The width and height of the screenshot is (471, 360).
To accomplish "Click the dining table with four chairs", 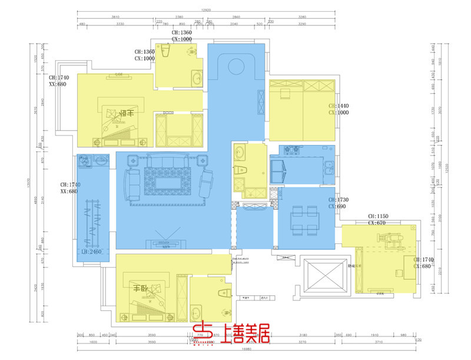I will pyautogui.click(x=305, y=219).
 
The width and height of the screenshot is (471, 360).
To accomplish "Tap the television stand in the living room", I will pyautogui.click(x=168, y=242).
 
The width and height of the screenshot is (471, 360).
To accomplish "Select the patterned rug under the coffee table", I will pyautogui.click(x=167, y=180).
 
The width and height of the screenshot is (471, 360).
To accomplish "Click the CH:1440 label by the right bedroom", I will pyautogui.click(x=339, y=110).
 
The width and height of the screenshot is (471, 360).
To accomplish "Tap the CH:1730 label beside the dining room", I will pyautogui.click(x=339, y=204).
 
